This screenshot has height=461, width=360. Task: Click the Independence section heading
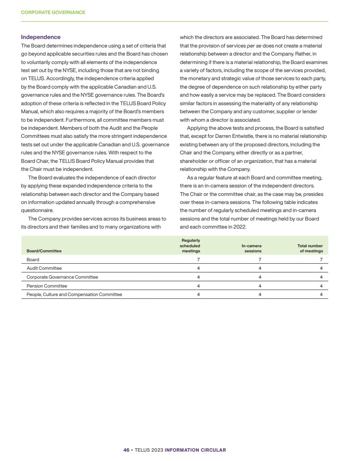tap(41, 37)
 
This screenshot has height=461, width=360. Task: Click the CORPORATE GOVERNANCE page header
tap(53, 12)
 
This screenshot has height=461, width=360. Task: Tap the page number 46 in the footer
tap(126, 450)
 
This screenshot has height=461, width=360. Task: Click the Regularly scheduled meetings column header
tap(190, 246)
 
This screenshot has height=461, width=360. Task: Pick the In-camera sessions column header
tap(251, 248)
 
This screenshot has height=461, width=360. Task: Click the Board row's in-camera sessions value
tap(260, 259)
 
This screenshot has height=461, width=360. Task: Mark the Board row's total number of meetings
tap(321, 259)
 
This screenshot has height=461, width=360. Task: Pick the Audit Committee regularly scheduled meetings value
tap(199, 268)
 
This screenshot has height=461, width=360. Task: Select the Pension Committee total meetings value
tap(321, 286)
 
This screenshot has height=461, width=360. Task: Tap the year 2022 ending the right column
tap(239, 226)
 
